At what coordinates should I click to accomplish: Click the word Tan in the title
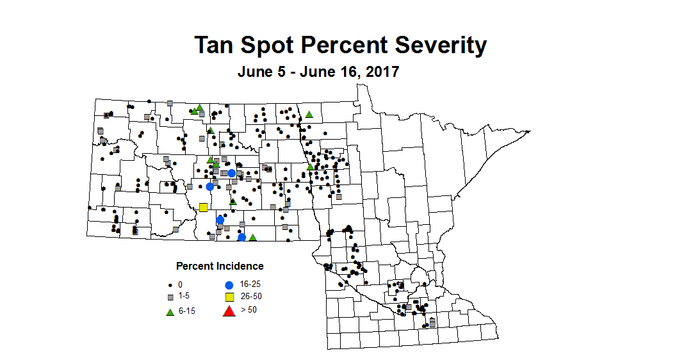click(x=216, y=45)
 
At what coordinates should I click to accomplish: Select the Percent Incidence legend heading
click(x=220, y=266)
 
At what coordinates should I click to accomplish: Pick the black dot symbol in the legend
click(x=170, y=284)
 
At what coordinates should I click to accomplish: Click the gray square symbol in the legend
click(x=170, y=297)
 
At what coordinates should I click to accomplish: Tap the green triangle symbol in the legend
click(x=170, y=312)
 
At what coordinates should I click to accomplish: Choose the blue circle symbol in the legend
click(x=228, y=284)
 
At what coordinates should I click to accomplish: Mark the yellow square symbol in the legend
click(x=228, y=297)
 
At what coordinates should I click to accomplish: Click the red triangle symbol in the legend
click(x=228, y=312)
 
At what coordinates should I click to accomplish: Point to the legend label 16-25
click(x=250, y=284)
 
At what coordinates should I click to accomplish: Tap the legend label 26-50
click(x=250, y=296)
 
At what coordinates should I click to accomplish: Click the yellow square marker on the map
click(x=204, y=207)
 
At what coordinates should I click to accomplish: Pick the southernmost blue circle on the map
click(x=242, y=237)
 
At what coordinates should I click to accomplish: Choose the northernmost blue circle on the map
click(x=232, y=173)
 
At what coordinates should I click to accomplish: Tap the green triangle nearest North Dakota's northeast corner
click(x=309, y=115)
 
